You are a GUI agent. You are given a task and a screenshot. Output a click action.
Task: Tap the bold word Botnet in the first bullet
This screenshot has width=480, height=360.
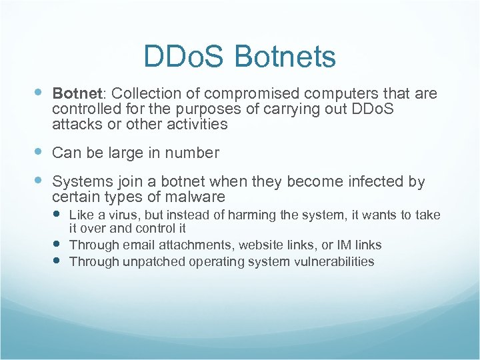75,93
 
